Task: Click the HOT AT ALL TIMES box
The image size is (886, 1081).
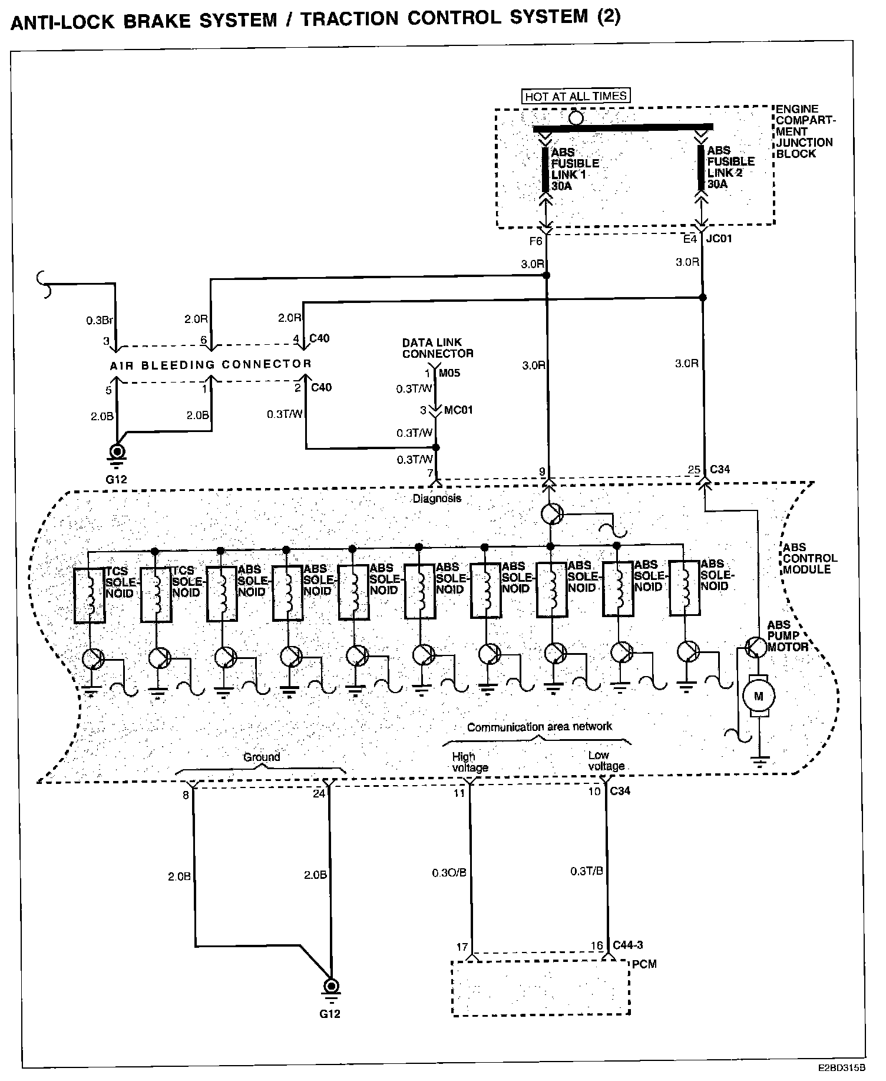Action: (576, 96)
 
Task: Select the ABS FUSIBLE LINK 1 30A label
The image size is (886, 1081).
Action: (574, 169)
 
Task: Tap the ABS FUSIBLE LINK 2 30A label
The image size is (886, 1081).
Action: (730, 167)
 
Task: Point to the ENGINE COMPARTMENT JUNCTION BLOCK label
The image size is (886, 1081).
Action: (805, 131)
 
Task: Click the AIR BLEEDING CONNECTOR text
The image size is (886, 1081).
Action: (210, 365)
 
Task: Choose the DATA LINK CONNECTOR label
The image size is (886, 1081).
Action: (438, 348)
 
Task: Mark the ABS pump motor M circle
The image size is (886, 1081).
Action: (759, 696)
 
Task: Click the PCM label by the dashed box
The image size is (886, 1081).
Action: (644, 964)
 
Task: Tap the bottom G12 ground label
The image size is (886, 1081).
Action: (330, 1014)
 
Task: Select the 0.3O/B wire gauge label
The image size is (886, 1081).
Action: (449, 872)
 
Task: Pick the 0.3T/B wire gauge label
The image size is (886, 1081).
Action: (587, 871)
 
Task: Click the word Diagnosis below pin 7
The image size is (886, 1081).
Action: (437, 499)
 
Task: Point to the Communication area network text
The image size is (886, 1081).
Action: (540, 727)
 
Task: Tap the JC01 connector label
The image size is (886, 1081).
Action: (719, 239)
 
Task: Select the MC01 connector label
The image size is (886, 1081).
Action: (459, 410)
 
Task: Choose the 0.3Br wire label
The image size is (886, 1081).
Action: (99, 321)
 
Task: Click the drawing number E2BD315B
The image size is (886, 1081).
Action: (841, 1067)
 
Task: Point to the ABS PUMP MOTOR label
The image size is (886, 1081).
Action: (787, 635)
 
